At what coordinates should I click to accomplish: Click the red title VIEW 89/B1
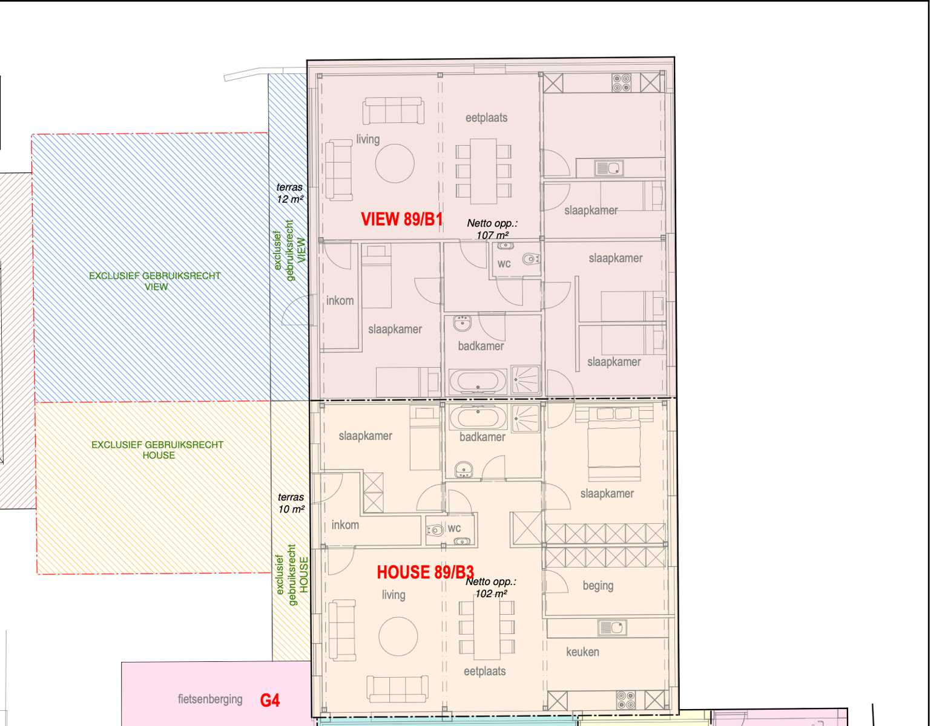tap(401, 219)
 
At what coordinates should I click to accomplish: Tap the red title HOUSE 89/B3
tap(425, 572)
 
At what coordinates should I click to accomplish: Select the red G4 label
tap(269, 700)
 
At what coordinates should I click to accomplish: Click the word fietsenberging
tap(210, 699)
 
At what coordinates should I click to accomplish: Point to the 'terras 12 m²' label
tap(289, 193)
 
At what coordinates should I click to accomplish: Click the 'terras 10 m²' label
tap(291, 503)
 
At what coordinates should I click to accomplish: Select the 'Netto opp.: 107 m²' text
tap(492, 229)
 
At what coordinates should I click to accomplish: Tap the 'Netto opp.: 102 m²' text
tap(491, 587)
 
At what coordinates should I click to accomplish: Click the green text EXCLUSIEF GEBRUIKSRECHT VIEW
tap(155, 281)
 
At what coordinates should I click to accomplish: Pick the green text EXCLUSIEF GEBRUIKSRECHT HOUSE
tap(158, 450)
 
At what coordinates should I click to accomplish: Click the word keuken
tap(582, 652)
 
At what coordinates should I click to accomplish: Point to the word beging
tap(598, 586)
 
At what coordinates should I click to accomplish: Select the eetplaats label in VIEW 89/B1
tap(486, 118)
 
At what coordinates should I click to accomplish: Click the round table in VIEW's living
tap(395, 164)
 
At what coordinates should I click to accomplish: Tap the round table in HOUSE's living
tap(398, 637)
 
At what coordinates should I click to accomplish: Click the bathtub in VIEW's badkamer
tap(478, 381)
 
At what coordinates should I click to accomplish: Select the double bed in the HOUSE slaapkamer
tap(614, 443)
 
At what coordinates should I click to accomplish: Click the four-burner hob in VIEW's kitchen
tap(621, 83)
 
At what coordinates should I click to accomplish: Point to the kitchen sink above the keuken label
tap(611, 627)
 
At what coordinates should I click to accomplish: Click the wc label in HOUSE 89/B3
tap(454, 528)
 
